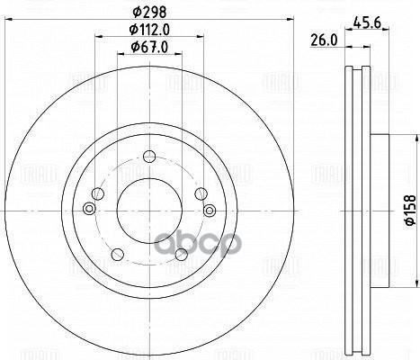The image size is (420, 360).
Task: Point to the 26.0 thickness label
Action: [321, 40]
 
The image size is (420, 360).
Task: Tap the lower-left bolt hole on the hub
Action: [117, 255]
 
